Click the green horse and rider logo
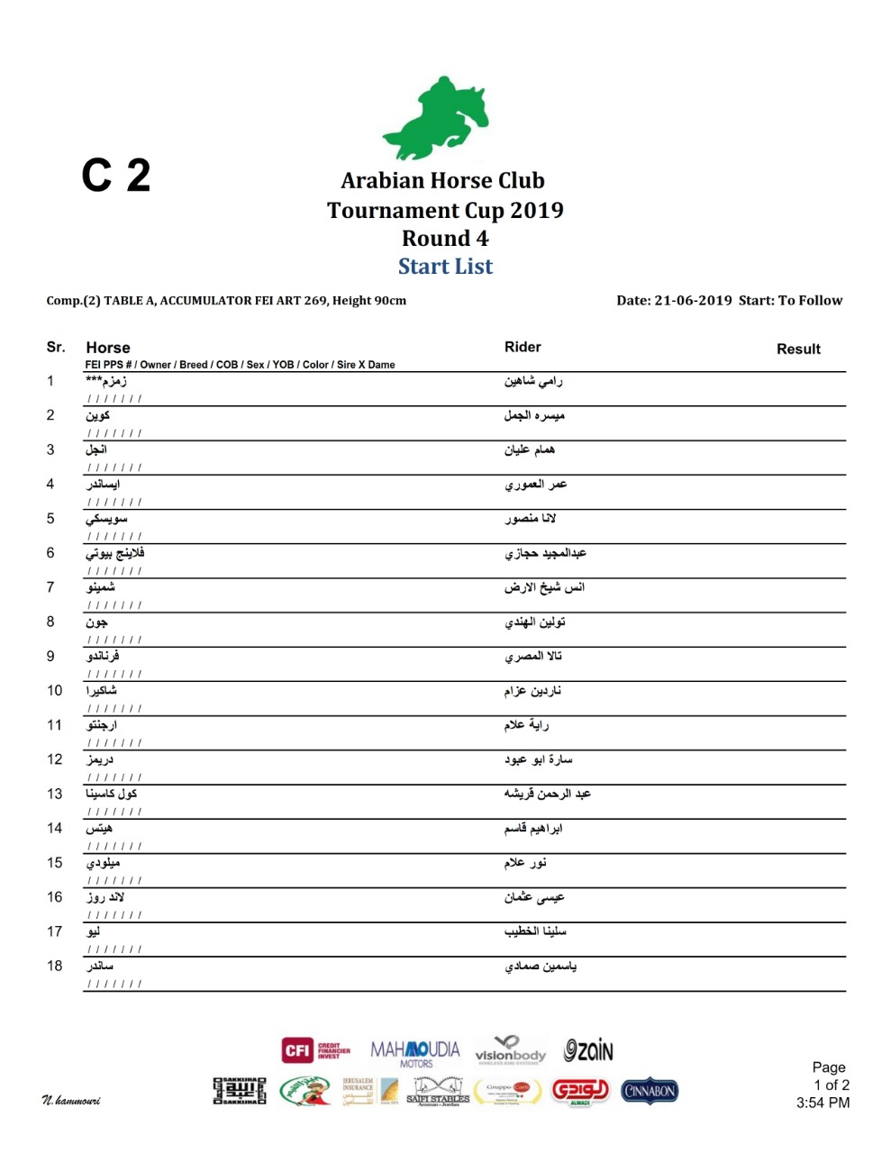coord(436,118)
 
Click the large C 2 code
coord(116,176)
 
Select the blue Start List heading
coord(445,267)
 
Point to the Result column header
coord(798,350)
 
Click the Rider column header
coord(523,347)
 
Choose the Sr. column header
coord(56,347)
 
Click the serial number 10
coord(55,691)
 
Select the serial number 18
coord(55,967)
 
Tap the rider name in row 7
coord(544,588)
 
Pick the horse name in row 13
coord(112,794)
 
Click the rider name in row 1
coord(533,382)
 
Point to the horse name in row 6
coord(115,554)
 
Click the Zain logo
coord(588,1050)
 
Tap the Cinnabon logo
coord(649,1091)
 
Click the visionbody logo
coord(510,1050)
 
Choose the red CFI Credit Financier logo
coord(316,1050)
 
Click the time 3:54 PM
coord(823,1103)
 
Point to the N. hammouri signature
coord(71,1101)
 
